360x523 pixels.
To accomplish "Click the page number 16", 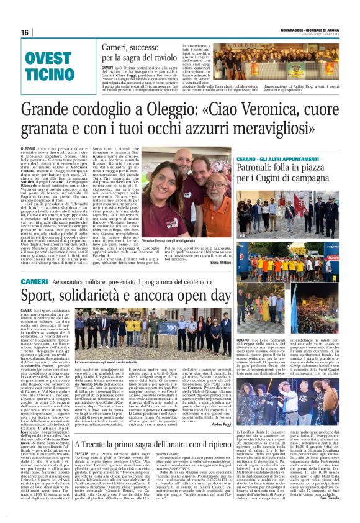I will pyautogui.click(x=25, y=32).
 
